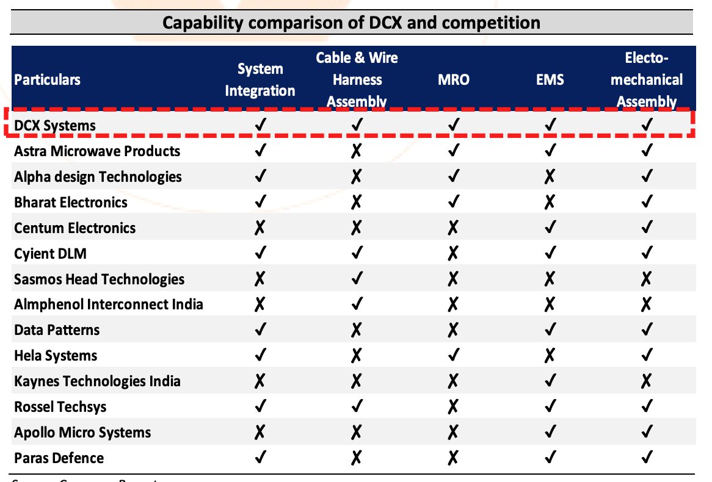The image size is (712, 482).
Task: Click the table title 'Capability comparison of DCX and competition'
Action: (x=351, y=23)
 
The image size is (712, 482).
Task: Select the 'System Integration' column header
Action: (x=260, y=79)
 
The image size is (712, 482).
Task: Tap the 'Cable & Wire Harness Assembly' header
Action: (x=357, y=79)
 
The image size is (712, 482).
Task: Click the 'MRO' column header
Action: (x=454, y=79)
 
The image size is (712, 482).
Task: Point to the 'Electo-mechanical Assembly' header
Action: (x=647, y=79)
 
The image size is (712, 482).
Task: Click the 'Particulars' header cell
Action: (x=48, y=79)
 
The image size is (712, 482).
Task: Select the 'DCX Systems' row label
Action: (x=56, y=126)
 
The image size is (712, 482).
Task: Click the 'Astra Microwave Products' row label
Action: (x=97, y=151)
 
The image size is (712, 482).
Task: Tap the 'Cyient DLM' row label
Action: (x=50, y=253)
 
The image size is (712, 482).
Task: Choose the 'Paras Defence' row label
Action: (x=59, y=458)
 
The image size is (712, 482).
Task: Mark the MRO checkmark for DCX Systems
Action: (x=454, y=126)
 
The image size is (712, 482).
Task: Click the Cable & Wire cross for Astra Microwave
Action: (x=357, y=151)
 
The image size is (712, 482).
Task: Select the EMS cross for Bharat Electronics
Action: (x=550, y=203)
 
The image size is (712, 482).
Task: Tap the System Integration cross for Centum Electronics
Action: (x=260, y=228)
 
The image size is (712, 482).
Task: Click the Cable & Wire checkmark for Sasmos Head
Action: (x=357, y=279)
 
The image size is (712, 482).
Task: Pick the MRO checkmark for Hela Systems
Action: (x=454, y=356)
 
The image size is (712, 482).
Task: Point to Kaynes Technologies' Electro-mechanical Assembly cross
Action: (x=647, y=381)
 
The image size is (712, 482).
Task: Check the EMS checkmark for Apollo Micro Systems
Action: (x=550, y=433)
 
